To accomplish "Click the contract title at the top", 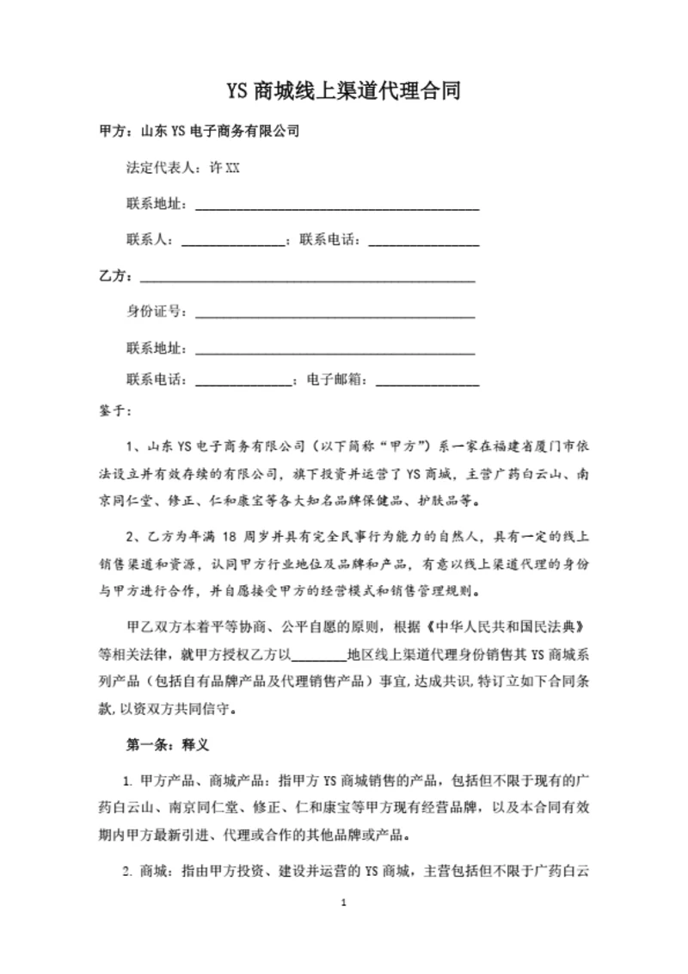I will coord(344,91).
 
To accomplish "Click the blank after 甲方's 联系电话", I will coord(424,242).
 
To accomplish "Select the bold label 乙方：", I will coord(117,276).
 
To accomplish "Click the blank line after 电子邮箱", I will coord(427,381).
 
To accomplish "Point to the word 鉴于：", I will coord(116,411).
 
